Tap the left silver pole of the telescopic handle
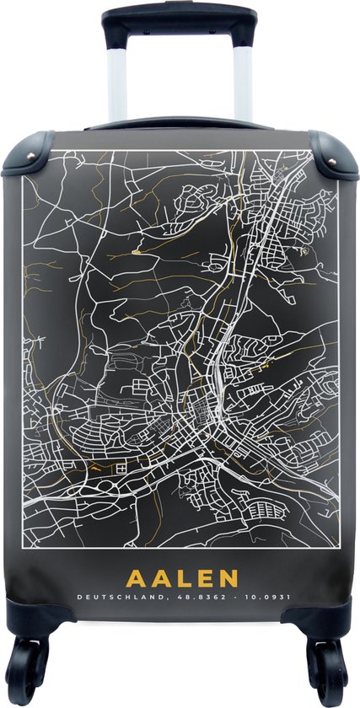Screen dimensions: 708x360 118,80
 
